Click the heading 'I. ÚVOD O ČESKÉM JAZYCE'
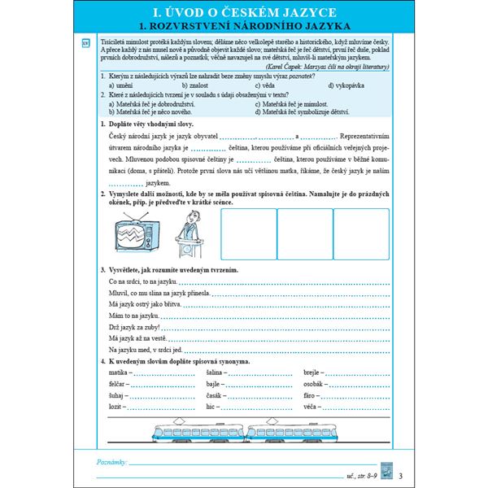click(244, 12)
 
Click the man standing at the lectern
click(189, 230)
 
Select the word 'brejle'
click(314, 370)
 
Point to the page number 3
click(401, 476)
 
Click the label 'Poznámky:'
click(111, 461)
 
